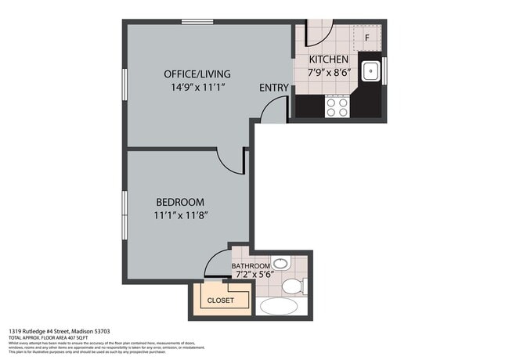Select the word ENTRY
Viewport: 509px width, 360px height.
pyautogui.click(x=274, y=87)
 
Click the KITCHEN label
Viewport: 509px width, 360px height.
pyautogui.click(x=329, y=59)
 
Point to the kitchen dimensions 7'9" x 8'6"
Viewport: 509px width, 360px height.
pyautogui.click(x=329, y=72)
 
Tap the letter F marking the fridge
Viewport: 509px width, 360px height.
pyautogui.click(x=366, y=37)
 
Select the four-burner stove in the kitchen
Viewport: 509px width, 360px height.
pyautogui.click(x=337, y=106)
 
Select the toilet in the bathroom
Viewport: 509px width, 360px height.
pyautogui.click(x=293, y=286)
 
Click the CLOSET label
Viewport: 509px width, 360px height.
pyautogui.click(x=220, y=300)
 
